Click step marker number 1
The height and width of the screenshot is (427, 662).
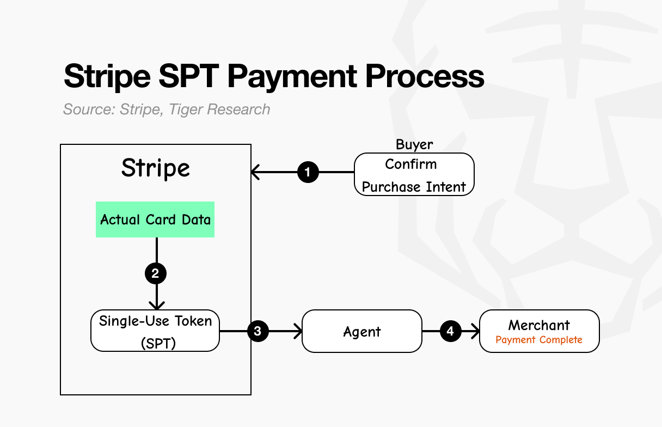[x=308, y=173]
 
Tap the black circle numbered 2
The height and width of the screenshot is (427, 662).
[x=156, y=273]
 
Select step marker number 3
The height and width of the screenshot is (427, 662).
[x=258, y=331]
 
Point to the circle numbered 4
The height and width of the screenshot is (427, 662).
[x=450, y=331]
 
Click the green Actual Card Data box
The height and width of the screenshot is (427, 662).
[x=155, y=219]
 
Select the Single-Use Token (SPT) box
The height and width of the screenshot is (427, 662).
[x=155, y=331]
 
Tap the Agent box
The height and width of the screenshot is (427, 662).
[x=362, y=331]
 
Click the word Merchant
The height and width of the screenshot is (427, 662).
[x=539, y=325]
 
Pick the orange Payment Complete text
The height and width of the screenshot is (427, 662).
[x=539, y=340]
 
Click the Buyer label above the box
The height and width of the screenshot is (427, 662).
[x=414, y=144]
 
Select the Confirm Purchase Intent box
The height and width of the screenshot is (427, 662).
[x=414, y=174]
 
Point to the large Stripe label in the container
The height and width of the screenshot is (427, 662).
[x=155, y=168]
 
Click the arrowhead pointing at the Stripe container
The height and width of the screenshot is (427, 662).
[x=254, y=173]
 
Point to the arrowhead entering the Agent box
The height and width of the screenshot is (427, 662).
[x=299, y=331]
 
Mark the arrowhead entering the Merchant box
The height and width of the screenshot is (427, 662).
[x=476, y=331]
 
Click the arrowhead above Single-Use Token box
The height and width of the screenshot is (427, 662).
[x=156, y=307]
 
